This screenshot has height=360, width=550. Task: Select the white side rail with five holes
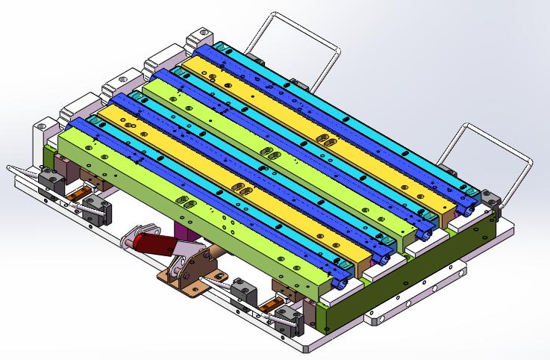click(418, 299)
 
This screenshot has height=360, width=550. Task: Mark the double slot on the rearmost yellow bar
click(327, 140)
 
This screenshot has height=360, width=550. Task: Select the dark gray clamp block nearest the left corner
click(51, 179)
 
